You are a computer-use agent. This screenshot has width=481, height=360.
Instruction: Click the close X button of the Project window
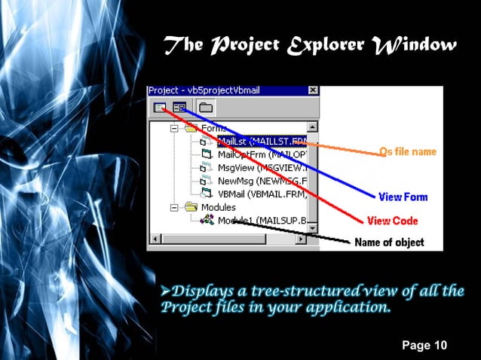[x=312, y=90]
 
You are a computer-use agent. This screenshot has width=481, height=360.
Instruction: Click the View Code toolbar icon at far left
[x=159, y=107]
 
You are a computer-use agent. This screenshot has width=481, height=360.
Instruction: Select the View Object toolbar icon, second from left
[x=179, y=107]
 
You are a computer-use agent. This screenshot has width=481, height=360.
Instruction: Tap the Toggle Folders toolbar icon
[x=204, y=107]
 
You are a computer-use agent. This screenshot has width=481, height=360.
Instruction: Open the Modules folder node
[x=218, y=206]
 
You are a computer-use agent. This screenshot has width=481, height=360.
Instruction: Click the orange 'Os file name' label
[x=407, y=151]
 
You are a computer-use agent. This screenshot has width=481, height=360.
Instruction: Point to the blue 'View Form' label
[x=403, y=197]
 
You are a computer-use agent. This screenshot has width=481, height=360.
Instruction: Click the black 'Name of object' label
[x=389, y=243]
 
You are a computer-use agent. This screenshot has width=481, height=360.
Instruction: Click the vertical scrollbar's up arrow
[x=312, y=127]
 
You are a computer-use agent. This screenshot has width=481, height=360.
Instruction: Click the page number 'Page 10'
[x=424, y=346]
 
